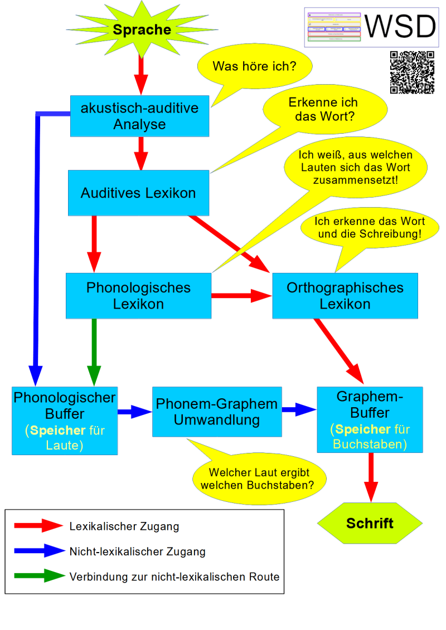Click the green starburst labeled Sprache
(142, 30)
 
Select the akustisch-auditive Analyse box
(139, 116)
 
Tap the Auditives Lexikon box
(138, 193)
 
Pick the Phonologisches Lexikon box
(138, 296)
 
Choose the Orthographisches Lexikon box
(345, 296)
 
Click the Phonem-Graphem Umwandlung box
(217, 412)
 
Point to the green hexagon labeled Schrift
(370, 524)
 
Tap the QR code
(412, 72)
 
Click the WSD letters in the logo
(400, 26)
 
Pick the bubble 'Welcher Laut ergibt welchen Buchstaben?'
(259, 478)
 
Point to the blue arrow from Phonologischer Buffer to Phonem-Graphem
(134, 412)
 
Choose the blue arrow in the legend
(40, 551)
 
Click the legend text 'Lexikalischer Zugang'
(124, 526)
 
